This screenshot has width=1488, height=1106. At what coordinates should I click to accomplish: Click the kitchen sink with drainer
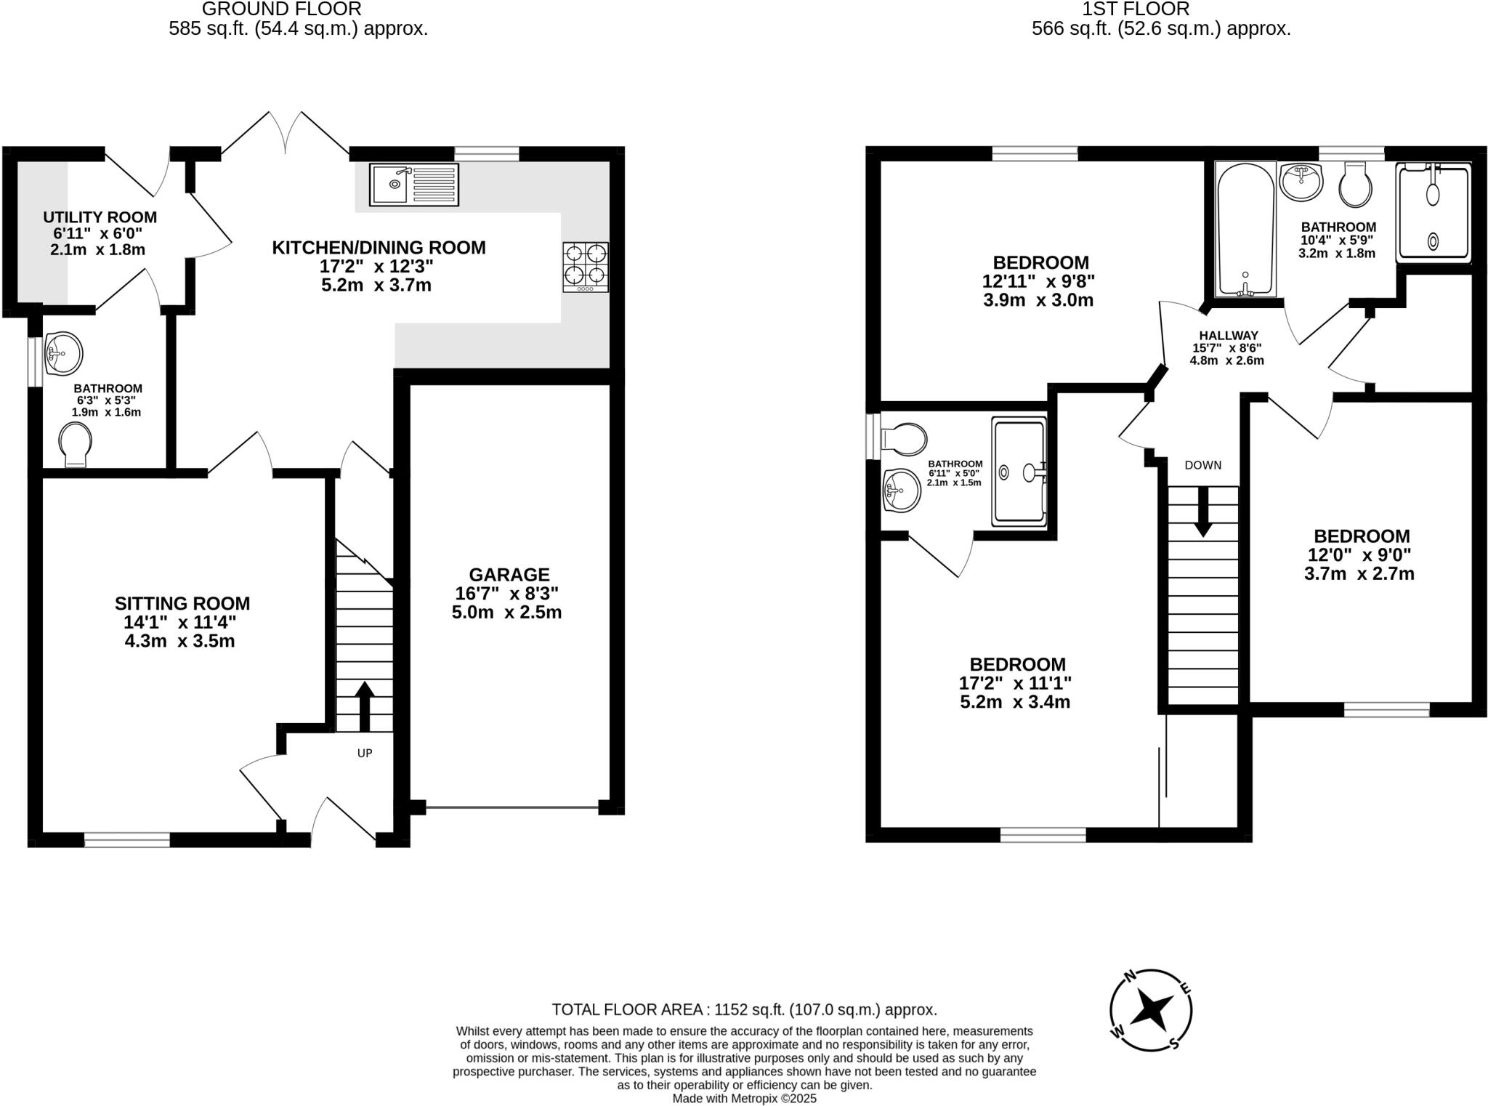(x=414, y=184)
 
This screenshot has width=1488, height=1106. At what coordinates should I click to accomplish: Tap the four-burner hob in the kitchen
(x=585, y=267)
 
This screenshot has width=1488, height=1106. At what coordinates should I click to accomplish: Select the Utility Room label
(x=100, y=217)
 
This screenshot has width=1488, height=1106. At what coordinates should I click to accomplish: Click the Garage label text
(x=509, y=575)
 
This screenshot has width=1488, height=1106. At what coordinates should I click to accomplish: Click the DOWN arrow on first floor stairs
(x=1202, y=511)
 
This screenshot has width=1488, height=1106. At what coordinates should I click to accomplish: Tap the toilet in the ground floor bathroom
(x=75, y=445)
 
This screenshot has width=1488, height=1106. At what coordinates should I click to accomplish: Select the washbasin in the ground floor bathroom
(x=63, y=355)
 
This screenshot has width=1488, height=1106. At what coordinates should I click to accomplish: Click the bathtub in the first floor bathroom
(x=1245, y=229)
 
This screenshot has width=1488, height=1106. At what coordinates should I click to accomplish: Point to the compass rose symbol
(x=1151, y=1010)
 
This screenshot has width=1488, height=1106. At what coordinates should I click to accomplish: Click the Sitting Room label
(x=182, y=603)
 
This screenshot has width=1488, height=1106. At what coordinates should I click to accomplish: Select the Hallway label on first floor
(x=1228, y=336)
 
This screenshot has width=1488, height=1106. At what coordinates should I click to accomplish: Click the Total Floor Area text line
(x=744, y=1009)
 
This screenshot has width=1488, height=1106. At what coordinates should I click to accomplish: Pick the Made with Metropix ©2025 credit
(x=744, y=1099)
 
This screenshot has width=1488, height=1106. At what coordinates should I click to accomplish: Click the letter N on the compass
(x=1129, y=977)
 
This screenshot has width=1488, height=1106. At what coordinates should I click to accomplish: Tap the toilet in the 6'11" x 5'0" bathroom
(x=903, y=439)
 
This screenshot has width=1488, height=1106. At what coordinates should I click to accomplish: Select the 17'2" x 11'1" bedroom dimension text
(x=1015, y=683)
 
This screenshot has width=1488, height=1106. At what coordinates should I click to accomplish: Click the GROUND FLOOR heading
(x=281, y=9)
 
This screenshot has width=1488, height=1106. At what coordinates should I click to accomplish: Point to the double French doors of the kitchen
(x=286, y=134)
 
